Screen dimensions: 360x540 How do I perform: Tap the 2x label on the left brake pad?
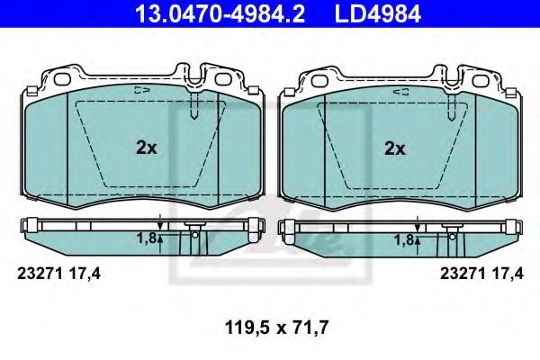146,148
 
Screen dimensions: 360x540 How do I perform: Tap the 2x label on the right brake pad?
394,148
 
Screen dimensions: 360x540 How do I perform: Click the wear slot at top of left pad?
195,107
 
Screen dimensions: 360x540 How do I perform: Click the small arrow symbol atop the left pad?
139,90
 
